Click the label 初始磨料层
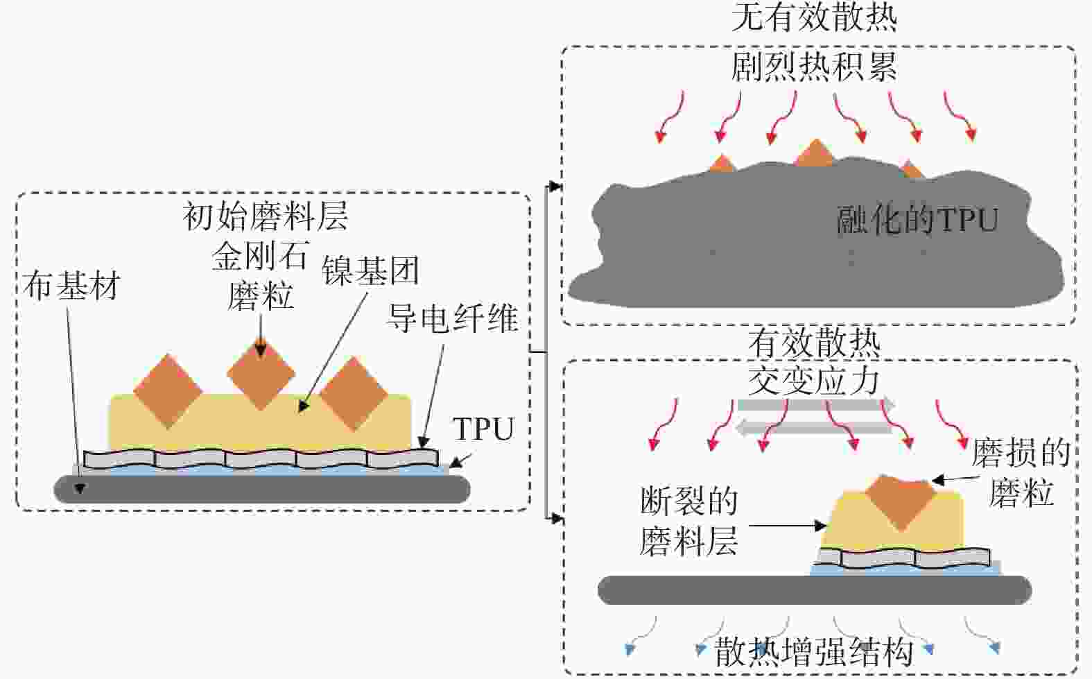click(265, 216)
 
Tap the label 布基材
click(71, 285)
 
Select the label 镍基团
click(370, 270)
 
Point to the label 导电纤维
click(452, 318)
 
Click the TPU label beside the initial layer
click(483, 429)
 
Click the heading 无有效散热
click(814, 17)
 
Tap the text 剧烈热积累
click(814, 67)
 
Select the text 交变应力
click(814, 380)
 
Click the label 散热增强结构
click(814, 651)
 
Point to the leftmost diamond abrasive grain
click(167, 390)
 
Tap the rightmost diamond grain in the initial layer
click(353, 393)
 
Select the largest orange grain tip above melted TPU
click(815, 155)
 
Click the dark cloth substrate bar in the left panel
click(262, 489)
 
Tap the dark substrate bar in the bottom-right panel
click(814, 590)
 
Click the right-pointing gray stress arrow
click(815, 404)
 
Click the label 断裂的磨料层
click(688, 522)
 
